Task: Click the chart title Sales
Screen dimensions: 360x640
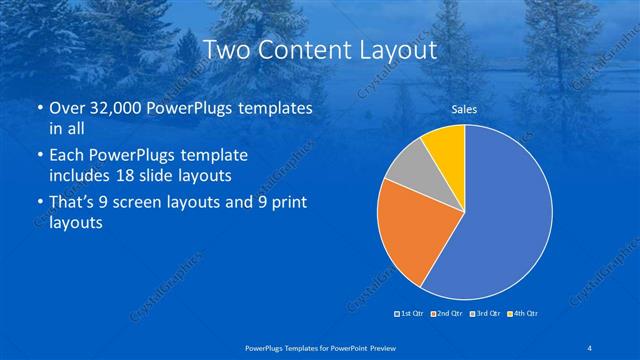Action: (x=464, y=108)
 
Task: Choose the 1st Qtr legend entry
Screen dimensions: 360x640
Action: (x=411, y=314)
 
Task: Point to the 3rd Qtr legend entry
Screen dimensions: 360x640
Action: (x=485, y=314)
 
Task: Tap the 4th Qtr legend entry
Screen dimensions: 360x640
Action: (x=523, y=314)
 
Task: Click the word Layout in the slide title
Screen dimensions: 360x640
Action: (x=399, y=50)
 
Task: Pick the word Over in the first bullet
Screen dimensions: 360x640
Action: (x=67, y=108)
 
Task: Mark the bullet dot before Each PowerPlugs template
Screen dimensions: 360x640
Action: (x=38, y=157)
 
